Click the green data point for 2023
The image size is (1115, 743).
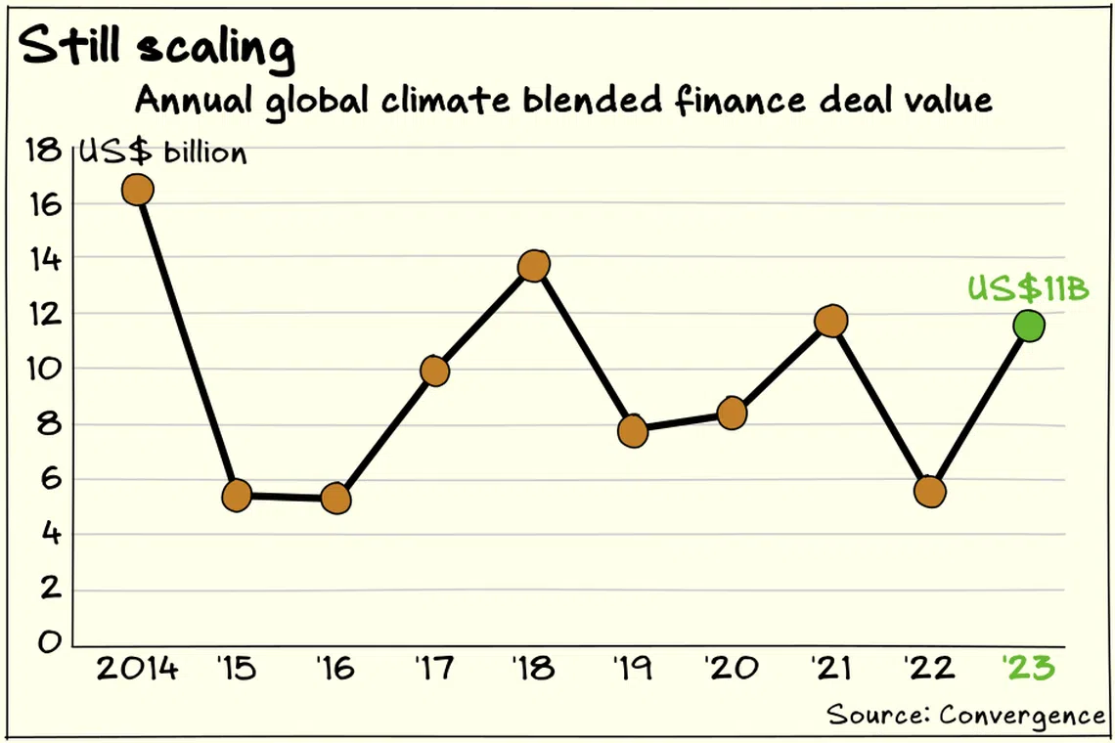pos(1029,327)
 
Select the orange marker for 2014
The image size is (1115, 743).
pos(138,190)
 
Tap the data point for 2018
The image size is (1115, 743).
pos(534,266)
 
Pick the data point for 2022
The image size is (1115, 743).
pos(930,492)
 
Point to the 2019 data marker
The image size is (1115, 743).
pos(633,431)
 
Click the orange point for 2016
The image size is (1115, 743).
pos(335,500)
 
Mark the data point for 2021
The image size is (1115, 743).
pos(831,322)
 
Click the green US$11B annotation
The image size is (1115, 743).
pos(1028,288)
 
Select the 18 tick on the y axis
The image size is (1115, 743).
pos(43,150)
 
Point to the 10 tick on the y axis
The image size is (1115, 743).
pos(44,369)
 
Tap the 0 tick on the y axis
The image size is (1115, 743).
pos(50,642)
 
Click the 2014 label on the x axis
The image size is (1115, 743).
pos(137,669)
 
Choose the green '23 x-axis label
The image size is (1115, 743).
pos(1029,669)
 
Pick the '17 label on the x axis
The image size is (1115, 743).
pos(433,669)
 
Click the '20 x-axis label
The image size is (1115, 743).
pos(732,669)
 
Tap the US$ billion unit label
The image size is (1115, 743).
pos(162,153)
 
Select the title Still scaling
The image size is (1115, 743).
pos(157,46)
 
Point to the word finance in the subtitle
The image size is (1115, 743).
pos(739,101)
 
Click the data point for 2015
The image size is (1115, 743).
pos(237,495)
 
